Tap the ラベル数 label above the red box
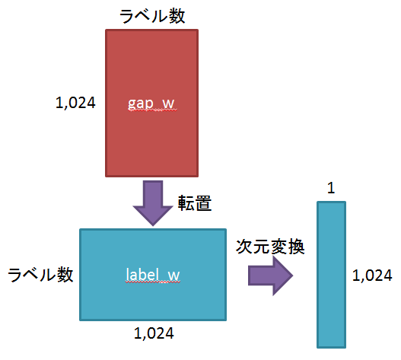(151, 14)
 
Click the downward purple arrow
(151, 200)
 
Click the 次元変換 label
(270, 247)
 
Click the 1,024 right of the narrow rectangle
(373, 275)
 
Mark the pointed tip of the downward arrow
(151, 223)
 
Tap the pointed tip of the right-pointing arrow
(291, 274)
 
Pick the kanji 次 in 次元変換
(244, 247)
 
